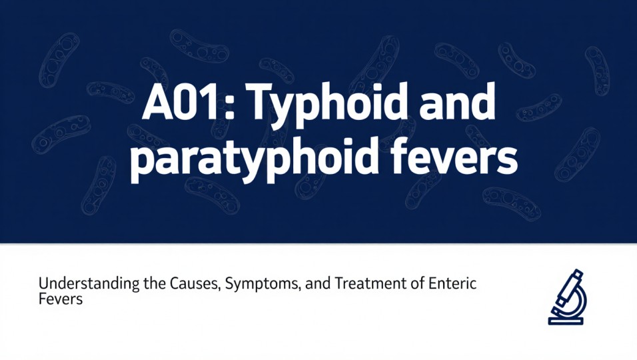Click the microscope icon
pos(566,297)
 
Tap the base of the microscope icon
pos(566,321)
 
